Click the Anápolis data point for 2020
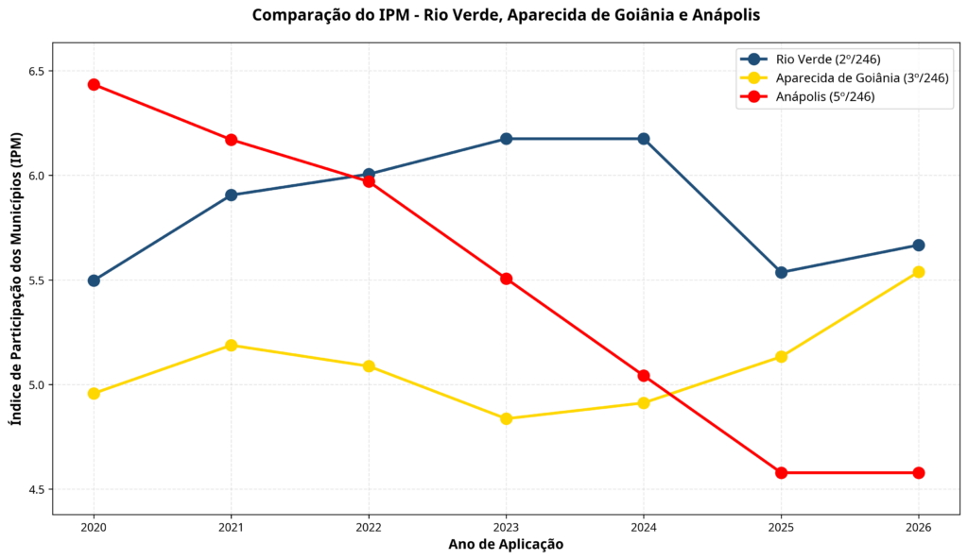(x=94, y=85)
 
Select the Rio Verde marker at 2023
(x=506, y=139)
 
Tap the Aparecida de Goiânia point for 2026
(x=918, y=272)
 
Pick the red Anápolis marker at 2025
(x=781, y=472)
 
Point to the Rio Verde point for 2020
(x=94, y=280)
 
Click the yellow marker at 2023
(x=506, y=418)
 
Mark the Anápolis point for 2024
(x=644, y=376)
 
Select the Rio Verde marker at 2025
(x=781, y=272)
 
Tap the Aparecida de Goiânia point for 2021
(x=232, y=346)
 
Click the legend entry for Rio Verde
(x=827, y=59)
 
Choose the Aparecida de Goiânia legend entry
(x=860, y=77)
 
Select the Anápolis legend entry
(x=824, y=96)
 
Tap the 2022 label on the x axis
(x=369, y=528)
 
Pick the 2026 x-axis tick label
(x=918, y=528)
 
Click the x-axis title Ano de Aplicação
(x=506, y=545)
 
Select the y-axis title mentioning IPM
(x=16, y=280)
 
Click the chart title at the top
(x=506, y=15)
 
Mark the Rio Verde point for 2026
(x=918, y=246)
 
